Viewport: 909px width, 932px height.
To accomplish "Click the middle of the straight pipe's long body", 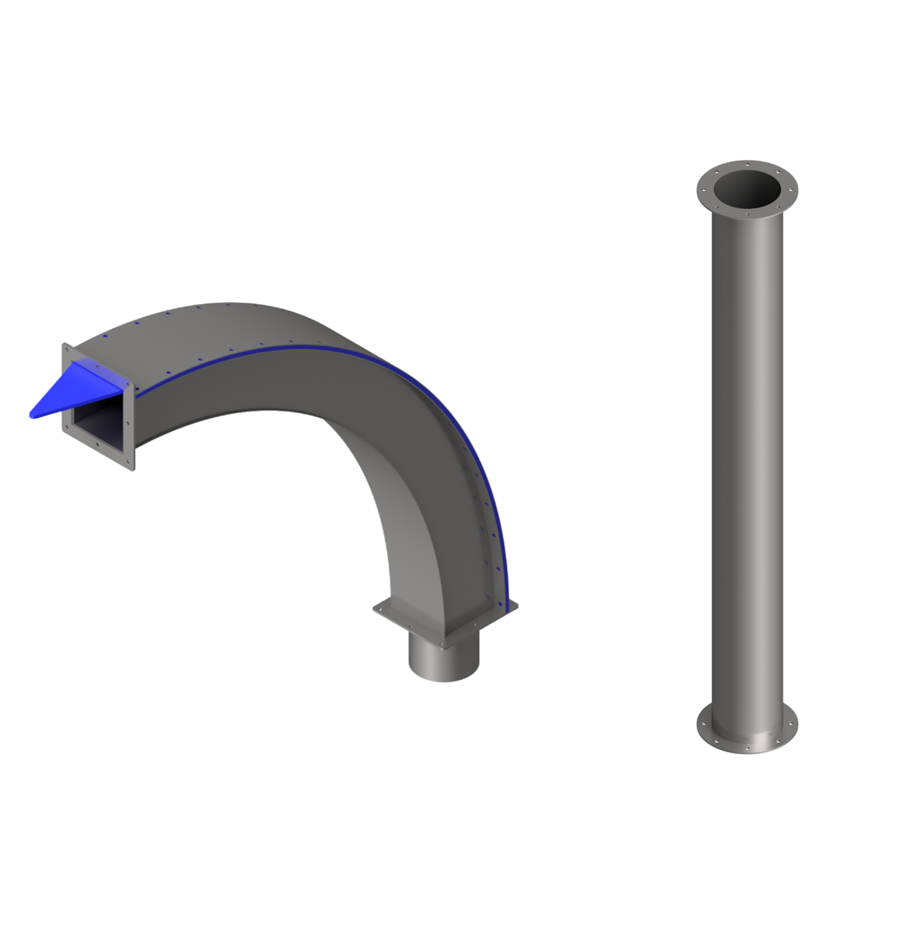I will tap(747, 461).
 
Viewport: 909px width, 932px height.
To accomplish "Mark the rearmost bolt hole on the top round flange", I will tap(747, 164).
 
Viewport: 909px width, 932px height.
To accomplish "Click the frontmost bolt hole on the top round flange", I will tap(747, 214).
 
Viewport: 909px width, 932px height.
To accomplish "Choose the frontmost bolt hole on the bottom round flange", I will tap(747, 747).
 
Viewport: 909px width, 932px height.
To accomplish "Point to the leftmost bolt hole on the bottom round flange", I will tap(701, 724).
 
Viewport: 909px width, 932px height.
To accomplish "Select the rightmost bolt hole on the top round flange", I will tap(792, 189).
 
